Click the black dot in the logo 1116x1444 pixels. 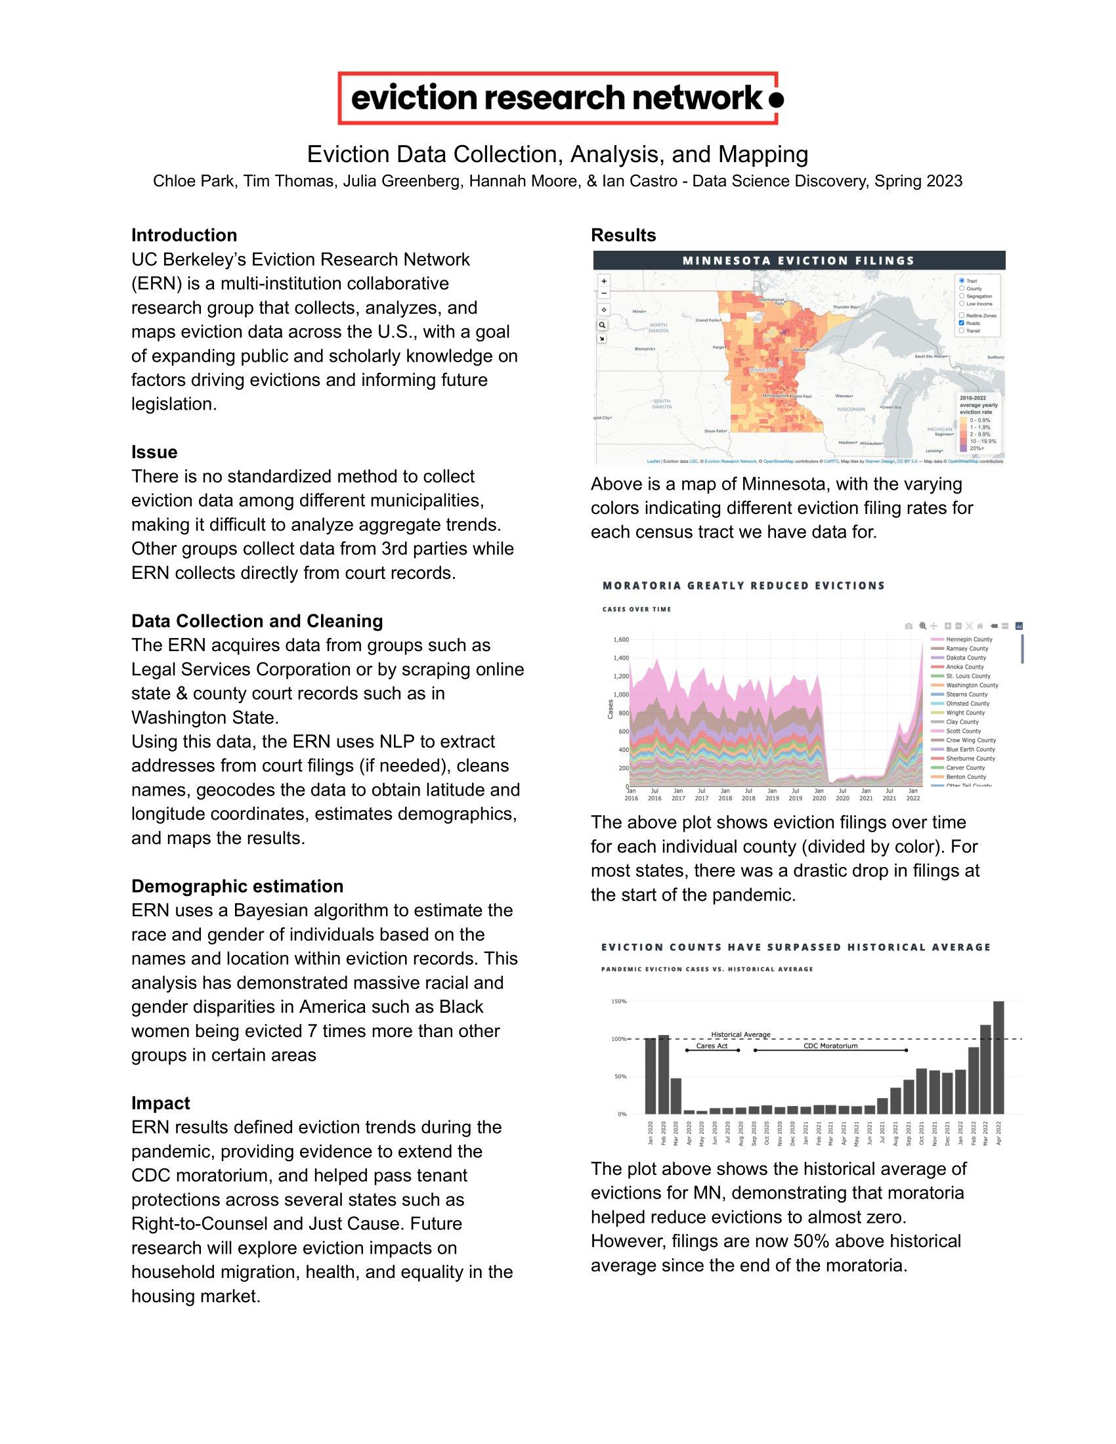777,99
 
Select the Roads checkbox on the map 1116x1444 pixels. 961,324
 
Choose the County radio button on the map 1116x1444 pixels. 961,288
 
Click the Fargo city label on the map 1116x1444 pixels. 719,347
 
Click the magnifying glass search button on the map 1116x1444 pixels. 603,325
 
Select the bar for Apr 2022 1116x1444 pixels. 998,1057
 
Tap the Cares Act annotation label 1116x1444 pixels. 712,1046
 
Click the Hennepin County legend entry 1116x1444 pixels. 968,639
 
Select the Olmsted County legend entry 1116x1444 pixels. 967,704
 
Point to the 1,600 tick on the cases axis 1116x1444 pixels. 620,639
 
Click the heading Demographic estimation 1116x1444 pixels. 237,886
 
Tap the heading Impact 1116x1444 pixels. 161,1103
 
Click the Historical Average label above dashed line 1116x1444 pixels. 740,1034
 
